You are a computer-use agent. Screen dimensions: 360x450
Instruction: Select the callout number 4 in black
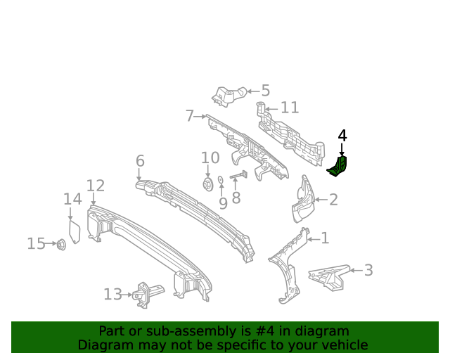[x=342, y=136]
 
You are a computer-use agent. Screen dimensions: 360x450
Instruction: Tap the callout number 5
[x=265, y=91]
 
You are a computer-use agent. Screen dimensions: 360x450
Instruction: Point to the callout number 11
[x=290, y=108]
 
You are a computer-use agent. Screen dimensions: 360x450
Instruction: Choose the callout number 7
[x=190, y=115]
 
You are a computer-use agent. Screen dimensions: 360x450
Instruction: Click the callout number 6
[x=140, y=162]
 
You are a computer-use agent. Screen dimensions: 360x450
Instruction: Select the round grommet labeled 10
[x=208, y=184]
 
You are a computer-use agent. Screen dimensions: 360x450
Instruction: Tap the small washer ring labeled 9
[x=220, y=181]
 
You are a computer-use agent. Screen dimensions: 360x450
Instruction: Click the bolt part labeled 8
[x=237, y=176]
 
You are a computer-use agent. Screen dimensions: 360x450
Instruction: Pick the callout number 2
[x=333, y=200]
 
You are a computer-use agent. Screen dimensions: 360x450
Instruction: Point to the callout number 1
[x=324, y=238]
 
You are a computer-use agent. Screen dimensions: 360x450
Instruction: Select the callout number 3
[x=368, y=270]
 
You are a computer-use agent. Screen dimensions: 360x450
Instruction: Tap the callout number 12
[x=96, y=186]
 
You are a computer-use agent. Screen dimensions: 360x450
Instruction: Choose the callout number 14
[x=72, y=200]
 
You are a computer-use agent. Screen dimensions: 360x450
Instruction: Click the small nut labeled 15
[x=60, y=244]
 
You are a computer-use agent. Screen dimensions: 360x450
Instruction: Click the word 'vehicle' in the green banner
[x=342, y=345]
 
